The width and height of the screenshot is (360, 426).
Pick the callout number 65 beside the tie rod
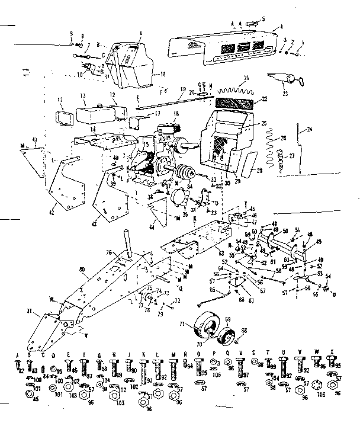[x=211, y=289]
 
